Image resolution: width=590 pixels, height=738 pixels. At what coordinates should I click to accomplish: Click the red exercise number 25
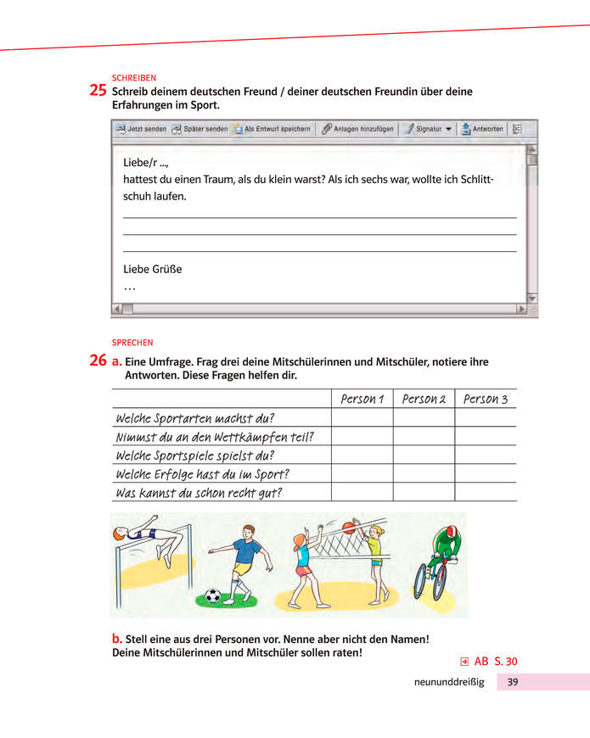pyautogui.click(x=98, y=91)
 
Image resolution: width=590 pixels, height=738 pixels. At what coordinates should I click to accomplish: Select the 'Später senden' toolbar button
pyautogui.click(x=199, y=129)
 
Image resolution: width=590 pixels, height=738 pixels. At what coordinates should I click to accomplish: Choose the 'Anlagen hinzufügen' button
pyautogui.click(x=357, y=129)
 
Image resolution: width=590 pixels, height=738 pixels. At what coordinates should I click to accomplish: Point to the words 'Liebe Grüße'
pyautogui.click(x=153, y=269)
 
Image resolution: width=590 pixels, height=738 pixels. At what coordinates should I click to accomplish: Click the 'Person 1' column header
pyautogui.click(x=362, y=399)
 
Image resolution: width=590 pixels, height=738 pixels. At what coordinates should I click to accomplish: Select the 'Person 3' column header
pyautogui.click(x=486, y=399)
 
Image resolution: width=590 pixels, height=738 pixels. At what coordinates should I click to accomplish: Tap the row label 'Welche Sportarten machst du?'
pyautogui.click(x=194, y=418)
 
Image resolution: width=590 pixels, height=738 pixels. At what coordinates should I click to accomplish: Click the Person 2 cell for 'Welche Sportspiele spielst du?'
pyautogui.click(x=424, y=455)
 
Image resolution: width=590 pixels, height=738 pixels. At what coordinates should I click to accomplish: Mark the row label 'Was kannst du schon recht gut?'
pyautogui.click(x=198, y=492)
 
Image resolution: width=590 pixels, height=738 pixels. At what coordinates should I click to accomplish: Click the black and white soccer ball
pyautogui.click(x=212, y=595)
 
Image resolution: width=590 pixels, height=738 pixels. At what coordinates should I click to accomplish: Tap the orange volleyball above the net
pyautogui.click(x=348, y=528)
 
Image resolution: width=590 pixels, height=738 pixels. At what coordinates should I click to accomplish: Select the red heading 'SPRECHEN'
pyautogui.click(x=132, y=343)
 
